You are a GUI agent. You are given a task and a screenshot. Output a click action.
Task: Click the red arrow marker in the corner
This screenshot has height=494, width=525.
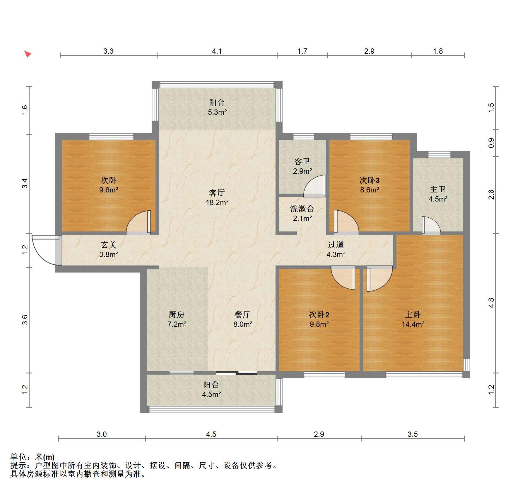28,54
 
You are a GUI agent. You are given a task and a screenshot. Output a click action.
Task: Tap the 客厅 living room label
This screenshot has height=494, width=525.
217,193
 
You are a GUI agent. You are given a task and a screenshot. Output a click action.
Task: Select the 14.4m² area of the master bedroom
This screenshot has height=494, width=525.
413,324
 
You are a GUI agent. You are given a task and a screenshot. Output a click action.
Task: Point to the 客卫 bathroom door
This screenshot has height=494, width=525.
315,186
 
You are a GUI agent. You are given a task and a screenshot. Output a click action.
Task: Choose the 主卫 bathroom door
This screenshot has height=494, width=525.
431,226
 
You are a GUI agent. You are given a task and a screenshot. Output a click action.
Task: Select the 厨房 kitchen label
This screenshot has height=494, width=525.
177,314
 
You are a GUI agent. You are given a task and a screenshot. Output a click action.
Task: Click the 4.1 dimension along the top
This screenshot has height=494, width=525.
217,51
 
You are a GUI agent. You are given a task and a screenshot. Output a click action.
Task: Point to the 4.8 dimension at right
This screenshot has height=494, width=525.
491,303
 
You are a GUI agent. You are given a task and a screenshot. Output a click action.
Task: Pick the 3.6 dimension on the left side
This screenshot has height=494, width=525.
25,319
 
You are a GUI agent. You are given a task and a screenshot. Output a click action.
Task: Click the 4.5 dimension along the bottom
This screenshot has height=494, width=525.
211,434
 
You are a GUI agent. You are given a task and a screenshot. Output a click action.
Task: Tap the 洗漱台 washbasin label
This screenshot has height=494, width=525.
302,209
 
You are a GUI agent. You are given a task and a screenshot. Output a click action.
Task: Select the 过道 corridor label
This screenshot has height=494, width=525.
336,245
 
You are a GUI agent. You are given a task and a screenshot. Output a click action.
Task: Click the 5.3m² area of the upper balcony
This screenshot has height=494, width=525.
217,112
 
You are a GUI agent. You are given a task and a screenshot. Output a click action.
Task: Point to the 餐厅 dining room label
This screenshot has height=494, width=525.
242,314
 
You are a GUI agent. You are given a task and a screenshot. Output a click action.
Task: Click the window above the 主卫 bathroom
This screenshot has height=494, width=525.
440,154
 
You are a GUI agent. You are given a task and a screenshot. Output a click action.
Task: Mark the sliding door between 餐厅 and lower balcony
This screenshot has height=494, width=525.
237,373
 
